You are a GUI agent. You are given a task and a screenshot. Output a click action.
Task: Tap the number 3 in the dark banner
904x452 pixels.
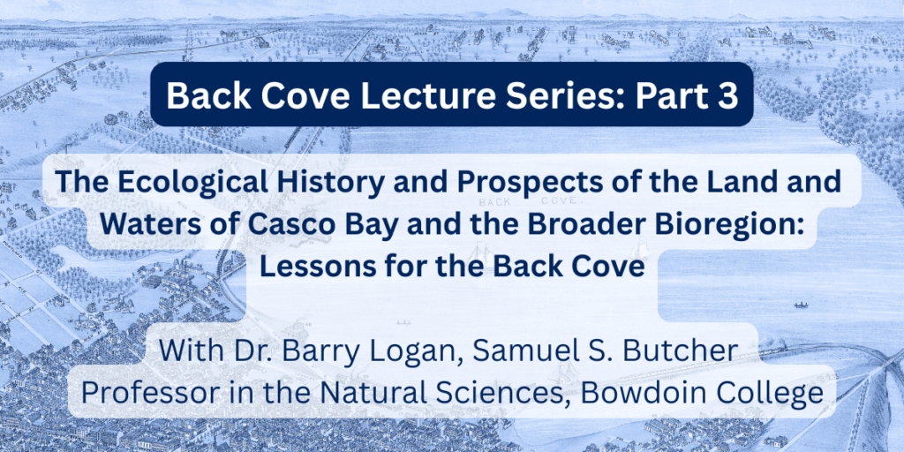[727, 95]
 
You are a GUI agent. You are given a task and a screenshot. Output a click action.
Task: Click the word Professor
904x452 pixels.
[146, 393]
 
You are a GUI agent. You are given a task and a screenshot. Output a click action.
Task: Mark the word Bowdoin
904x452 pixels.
[641, 393]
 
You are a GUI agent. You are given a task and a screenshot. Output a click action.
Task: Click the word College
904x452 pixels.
[767, 394]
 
